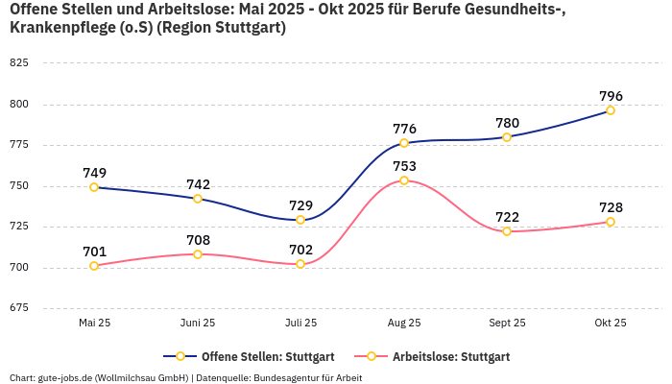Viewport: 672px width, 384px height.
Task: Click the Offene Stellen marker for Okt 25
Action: [x=611, y=110]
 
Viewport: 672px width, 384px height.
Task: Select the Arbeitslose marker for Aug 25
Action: [x=404, y=180]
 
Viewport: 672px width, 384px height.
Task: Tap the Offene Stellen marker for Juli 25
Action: [x=300, y=220]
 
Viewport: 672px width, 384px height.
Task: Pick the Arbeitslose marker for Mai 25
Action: [x=94, y=266]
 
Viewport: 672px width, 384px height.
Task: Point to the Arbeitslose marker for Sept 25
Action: [x=507, y=231]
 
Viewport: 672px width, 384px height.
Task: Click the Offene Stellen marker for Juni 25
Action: [x=198, y=199]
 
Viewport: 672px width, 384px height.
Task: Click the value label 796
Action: [x=611, y=96]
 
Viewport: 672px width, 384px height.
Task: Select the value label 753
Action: [x=404, y=166]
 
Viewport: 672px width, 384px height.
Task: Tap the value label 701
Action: [x=94, y=252]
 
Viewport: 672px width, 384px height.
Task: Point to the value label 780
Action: [x=507, y=123]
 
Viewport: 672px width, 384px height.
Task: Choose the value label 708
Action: [x=198, y=240]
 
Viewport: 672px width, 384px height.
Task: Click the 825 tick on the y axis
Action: [x=19, y=63]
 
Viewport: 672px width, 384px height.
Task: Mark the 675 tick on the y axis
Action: [x=19, y=308]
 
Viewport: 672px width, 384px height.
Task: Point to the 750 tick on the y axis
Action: [x=19, y=186]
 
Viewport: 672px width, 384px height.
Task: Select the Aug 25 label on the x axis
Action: [x=404, y=324]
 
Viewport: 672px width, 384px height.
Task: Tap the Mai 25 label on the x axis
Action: [x=94, y=324]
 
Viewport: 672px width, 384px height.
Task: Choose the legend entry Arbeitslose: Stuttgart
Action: [x=442, y=356]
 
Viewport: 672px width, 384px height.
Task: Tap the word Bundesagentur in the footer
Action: [x=286, y=377]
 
